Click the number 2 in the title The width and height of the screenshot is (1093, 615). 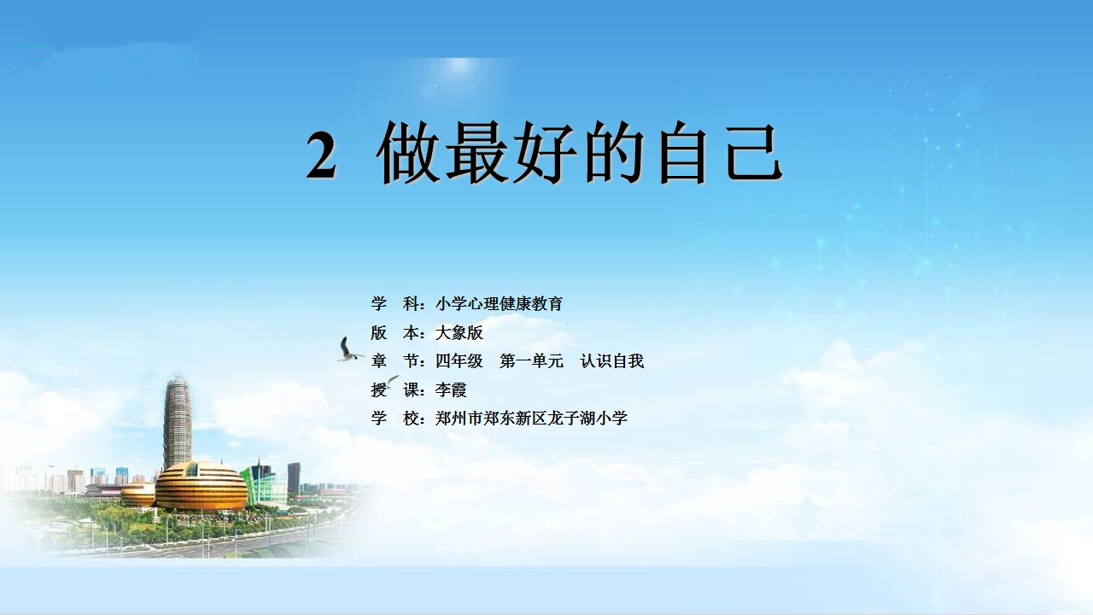click(321, 155)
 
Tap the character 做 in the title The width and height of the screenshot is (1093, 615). click(407, 152)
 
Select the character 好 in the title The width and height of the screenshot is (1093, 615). click(546, 152)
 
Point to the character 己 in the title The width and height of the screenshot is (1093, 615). click(754, 152)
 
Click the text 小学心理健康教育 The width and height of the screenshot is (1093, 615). click(500, 303)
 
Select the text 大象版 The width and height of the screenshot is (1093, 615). click(459, 332)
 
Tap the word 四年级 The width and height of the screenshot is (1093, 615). click(459, 360)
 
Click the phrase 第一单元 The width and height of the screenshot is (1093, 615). click(531, 360)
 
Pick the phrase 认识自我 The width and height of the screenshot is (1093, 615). click(612, 360)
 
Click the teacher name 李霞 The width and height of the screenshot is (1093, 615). click(451, 389)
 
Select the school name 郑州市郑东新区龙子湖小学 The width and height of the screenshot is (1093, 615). click(531, 418)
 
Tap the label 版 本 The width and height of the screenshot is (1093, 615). click(395, 332)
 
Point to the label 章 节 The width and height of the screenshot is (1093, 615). click(395, 360)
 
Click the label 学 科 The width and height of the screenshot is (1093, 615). click(395, 303)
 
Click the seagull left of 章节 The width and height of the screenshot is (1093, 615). click(348, 350)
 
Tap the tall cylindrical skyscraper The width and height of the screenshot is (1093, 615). click(178, 422)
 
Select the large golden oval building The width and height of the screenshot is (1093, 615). click(202, 486)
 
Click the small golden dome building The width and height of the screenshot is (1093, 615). click(137, 494)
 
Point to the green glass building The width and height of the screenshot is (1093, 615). click(264, 483)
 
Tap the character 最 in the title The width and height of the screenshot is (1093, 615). click(476, 152)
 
